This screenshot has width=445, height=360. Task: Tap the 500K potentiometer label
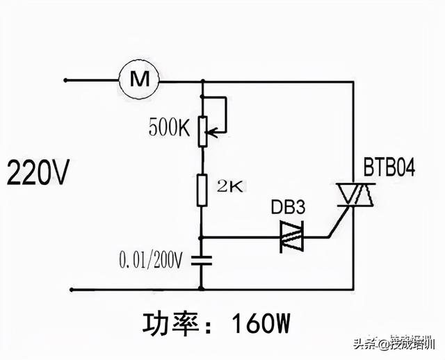point(169,127)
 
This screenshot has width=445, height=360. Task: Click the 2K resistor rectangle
point(202,190)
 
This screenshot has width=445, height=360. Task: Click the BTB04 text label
point(389,167)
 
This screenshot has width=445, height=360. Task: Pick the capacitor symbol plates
point(202,261)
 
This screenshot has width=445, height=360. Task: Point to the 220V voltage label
point(38,173)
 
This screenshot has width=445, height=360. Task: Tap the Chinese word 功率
point(170,324)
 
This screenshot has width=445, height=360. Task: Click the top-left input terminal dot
point(65,81)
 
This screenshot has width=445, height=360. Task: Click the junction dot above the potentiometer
point(202,81)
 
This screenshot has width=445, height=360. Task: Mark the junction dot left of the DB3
point(202,237)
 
